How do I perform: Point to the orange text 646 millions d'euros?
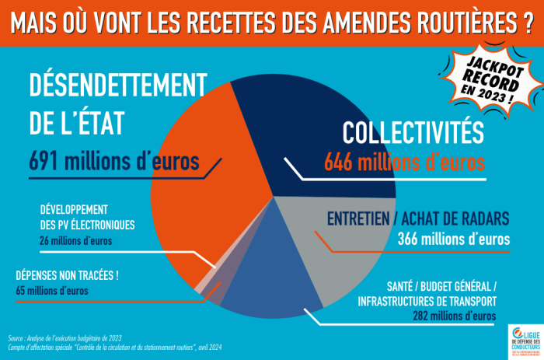point(404,162)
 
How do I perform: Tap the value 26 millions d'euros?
point(75,241)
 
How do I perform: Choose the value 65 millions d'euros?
point(52,291)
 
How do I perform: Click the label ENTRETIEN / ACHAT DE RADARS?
point(419,218)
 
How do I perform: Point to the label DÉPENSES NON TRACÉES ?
point(67,275)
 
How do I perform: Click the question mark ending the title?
point(528,23)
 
